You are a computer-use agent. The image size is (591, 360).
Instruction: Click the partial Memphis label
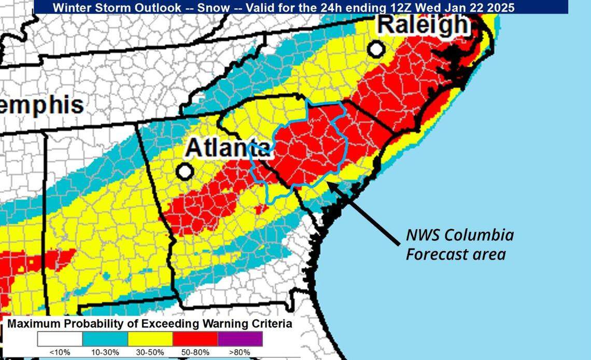[41, 106]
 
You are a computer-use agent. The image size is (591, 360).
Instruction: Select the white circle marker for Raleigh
[377, 49]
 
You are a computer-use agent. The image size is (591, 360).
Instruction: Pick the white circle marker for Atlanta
[184, 171]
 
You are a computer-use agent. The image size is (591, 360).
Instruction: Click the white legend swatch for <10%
[60, 339]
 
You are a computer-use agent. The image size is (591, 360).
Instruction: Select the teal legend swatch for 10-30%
[105, 339]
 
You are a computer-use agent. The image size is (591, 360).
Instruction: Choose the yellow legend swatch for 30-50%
[150, 339]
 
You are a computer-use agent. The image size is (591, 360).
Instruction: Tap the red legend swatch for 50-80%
[195, 339]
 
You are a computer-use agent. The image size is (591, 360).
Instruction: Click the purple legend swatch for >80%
[240, 339]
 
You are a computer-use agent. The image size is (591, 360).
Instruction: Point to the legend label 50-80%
[195, 353]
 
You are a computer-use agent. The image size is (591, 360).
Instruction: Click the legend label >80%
[240, 353]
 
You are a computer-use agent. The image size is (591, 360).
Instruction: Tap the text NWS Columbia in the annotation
[459, 235]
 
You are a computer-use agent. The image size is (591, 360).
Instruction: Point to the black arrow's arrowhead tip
[329, 182]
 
